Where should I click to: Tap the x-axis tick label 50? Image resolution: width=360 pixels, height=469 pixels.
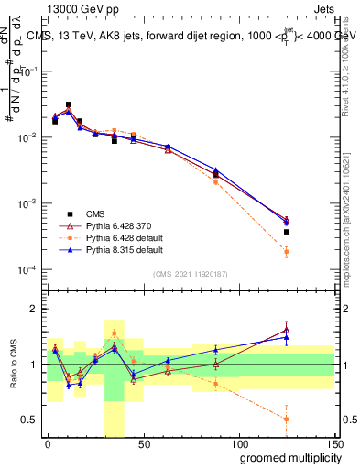click(x=143, y=443)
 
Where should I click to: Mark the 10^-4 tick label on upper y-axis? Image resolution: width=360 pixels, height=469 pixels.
click(x=27, y=269)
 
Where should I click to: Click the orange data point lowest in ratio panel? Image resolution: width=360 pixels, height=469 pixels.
click(x=287, y=419)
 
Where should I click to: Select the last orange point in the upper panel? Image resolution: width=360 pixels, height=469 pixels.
click(x=287, y=252)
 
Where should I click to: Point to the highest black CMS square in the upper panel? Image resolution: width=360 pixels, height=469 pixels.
click(x=69, y=105)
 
